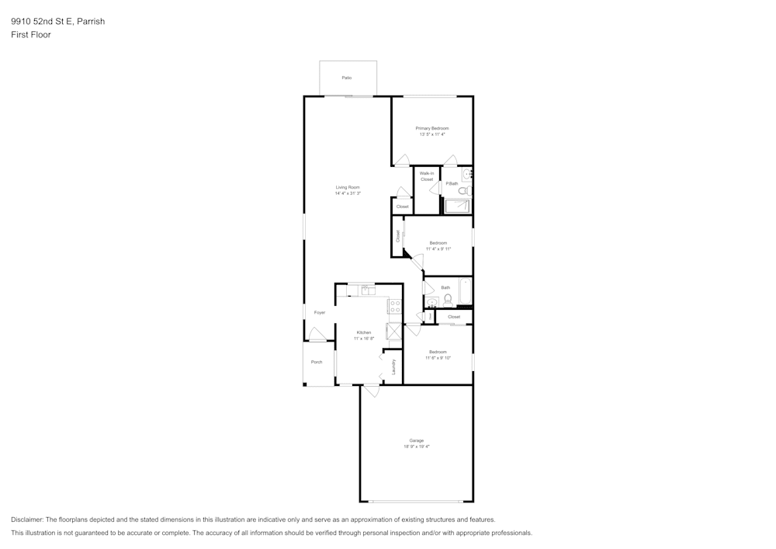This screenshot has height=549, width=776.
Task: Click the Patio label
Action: [347, 78]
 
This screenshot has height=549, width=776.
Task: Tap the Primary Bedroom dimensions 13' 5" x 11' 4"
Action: [432, 134]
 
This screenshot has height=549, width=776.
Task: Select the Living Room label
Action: [348, 187]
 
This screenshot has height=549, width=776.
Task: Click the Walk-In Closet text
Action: [427, 176]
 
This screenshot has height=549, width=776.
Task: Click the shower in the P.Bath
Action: [456, 206]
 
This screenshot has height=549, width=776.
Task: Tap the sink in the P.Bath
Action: [467, 175]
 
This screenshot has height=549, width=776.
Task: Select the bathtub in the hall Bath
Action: [466, 291]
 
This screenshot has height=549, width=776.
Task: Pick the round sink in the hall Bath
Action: [432, 303]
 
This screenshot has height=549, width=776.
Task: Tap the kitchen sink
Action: [366, 290]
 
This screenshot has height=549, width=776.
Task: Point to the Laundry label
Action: [394, 366]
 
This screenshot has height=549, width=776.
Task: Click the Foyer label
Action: [320, 312]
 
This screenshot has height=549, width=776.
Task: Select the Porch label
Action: [317, 362]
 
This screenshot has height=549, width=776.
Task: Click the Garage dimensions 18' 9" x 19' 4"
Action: [417, 446]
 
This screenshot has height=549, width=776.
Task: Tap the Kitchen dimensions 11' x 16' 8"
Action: [364, 338]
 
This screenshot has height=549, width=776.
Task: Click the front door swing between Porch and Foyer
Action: [317, 335]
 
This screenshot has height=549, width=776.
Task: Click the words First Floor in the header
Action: [31, 35]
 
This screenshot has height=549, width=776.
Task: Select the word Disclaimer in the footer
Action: [27, 519]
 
